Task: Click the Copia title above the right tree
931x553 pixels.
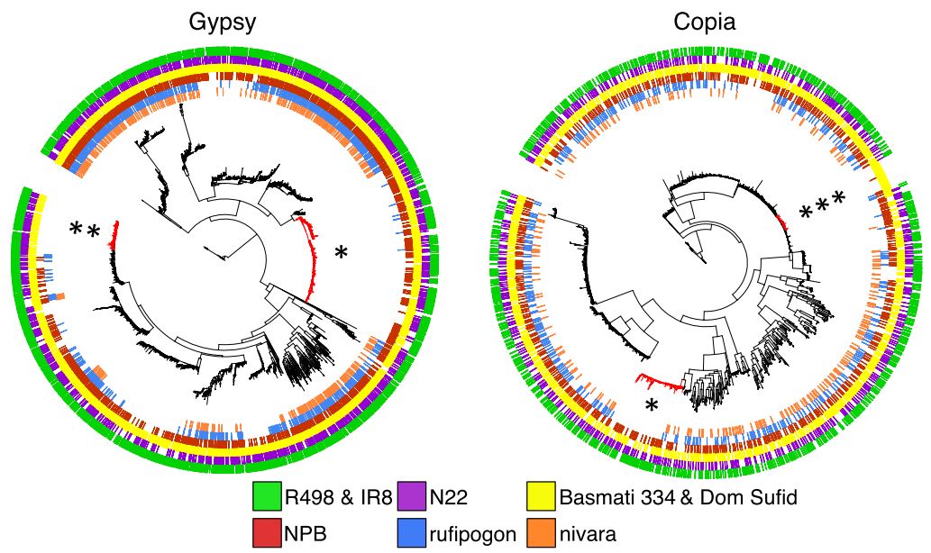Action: (705, 22)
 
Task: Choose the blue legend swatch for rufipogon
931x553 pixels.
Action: (412, 533)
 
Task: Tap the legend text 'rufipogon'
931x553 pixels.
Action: (473, 534)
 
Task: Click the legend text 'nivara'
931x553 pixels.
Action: (589, 534)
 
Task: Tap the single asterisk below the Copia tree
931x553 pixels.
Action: (653, 407)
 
